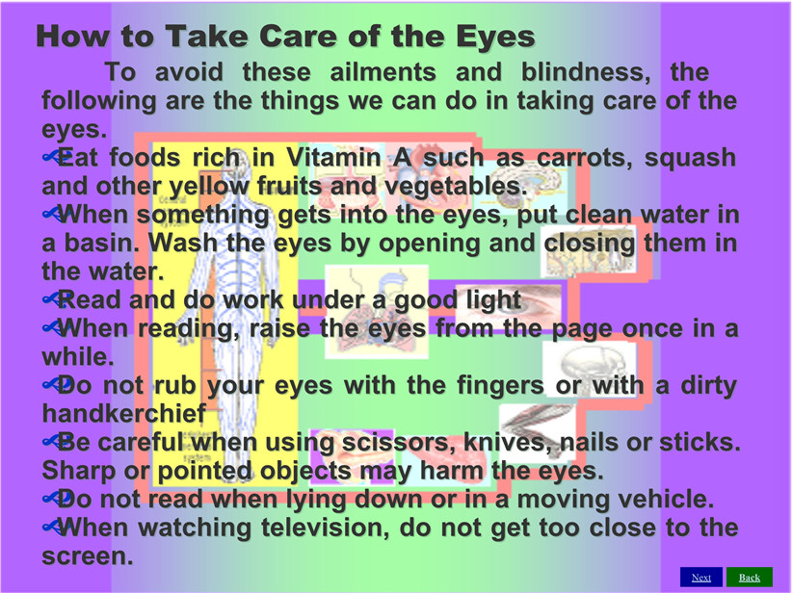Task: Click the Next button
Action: coord(701,578)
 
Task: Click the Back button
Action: coord(749,578)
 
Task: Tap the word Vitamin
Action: coord(333,157)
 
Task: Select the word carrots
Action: coord(583,158)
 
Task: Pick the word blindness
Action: coord(586,72)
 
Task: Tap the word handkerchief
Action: coord(124,414)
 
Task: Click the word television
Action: coord(326,528)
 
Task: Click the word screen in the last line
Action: coord(88,557)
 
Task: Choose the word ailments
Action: coord(383,72)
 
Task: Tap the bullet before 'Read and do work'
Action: coord(54,299)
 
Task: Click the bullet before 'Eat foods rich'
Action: coord(54,157)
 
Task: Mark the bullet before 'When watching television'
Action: coord(54,528)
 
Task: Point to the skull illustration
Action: coord(590,369)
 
